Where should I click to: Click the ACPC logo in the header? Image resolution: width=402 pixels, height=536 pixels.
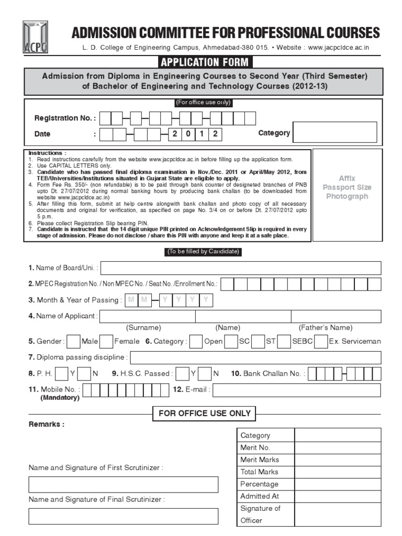(35, 37)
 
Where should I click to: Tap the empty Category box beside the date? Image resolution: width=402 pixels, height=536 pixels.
(334, 132)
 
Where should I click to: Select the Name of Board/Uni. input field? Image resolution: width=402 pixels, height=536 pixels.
(240, 268)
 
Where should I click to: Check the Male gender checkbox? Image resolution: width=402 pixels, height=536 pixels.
(74, 341)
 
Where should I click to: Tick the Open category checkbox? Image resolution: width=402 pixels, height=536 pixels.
(196, 341)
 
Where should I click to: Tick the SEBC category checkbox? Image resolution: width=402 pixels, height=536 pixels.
(284, 341)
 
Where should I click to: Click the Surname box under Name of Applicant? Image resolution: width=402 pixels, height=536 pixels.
(147, 316)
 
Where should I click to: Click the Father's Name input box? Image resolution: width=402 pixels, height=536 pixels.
(336, 316)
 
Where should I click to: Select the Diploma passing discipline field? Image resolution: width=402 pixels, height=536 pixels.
(255, 358)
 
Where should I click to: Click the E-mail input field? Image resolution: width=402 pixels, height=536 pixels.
(297, 390)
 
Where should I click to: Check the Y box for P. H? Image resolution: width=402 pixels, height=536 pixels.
(61, 374)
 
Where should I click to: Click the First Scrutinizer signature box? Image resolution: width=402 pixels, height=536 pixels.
(124, 484)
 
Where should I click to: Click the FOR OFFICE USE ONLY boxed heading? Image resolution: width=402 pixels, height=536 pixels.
(204, 414)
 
